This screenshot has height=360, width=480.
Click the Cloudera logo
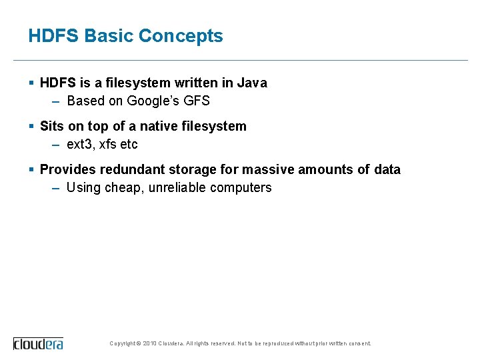pyautogui.click(x=38, y=343)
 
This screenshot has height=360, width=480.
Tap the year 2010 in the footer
pyautogui.click(x=151, y=343)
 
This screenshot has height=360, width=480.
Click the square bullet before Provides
pyautogui.click(x=31, y=169)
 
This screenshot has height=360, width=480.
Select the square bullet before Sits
pyautogui.click(x=31, y=126)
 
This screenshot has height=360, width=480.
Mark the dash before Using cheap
pyautogui.click(x=56, y=188)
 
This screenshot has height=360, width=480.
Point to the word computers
pyautogui.click(x=241, y=188)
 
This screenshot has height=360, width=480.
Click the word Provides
pyautogui.click(x=67, y=170)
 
